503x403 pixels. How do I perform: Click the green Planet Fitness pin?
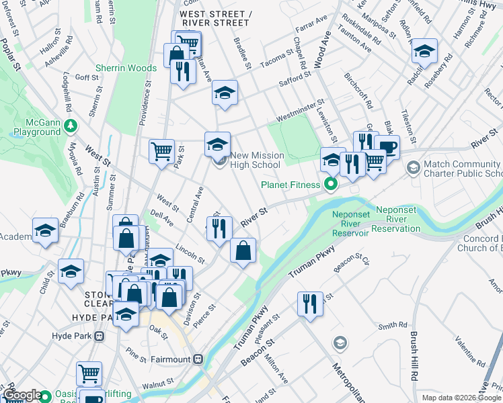[330, 183]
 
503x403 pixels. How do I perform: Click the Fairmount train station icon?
[198, 359]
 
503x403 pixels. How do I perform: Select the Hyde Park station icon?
[100, 336]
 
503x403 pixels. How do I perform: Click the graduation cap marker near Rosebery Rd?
[424, 50]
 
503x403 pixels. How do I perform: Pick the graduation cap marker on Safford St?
[225, 92]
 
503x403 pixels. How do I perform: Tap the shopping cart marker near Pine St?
[89, 372]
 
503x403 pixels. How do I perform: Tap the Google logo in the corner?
[22, 395]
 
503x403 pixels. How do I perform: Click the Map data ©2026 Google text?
[461, 398]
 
